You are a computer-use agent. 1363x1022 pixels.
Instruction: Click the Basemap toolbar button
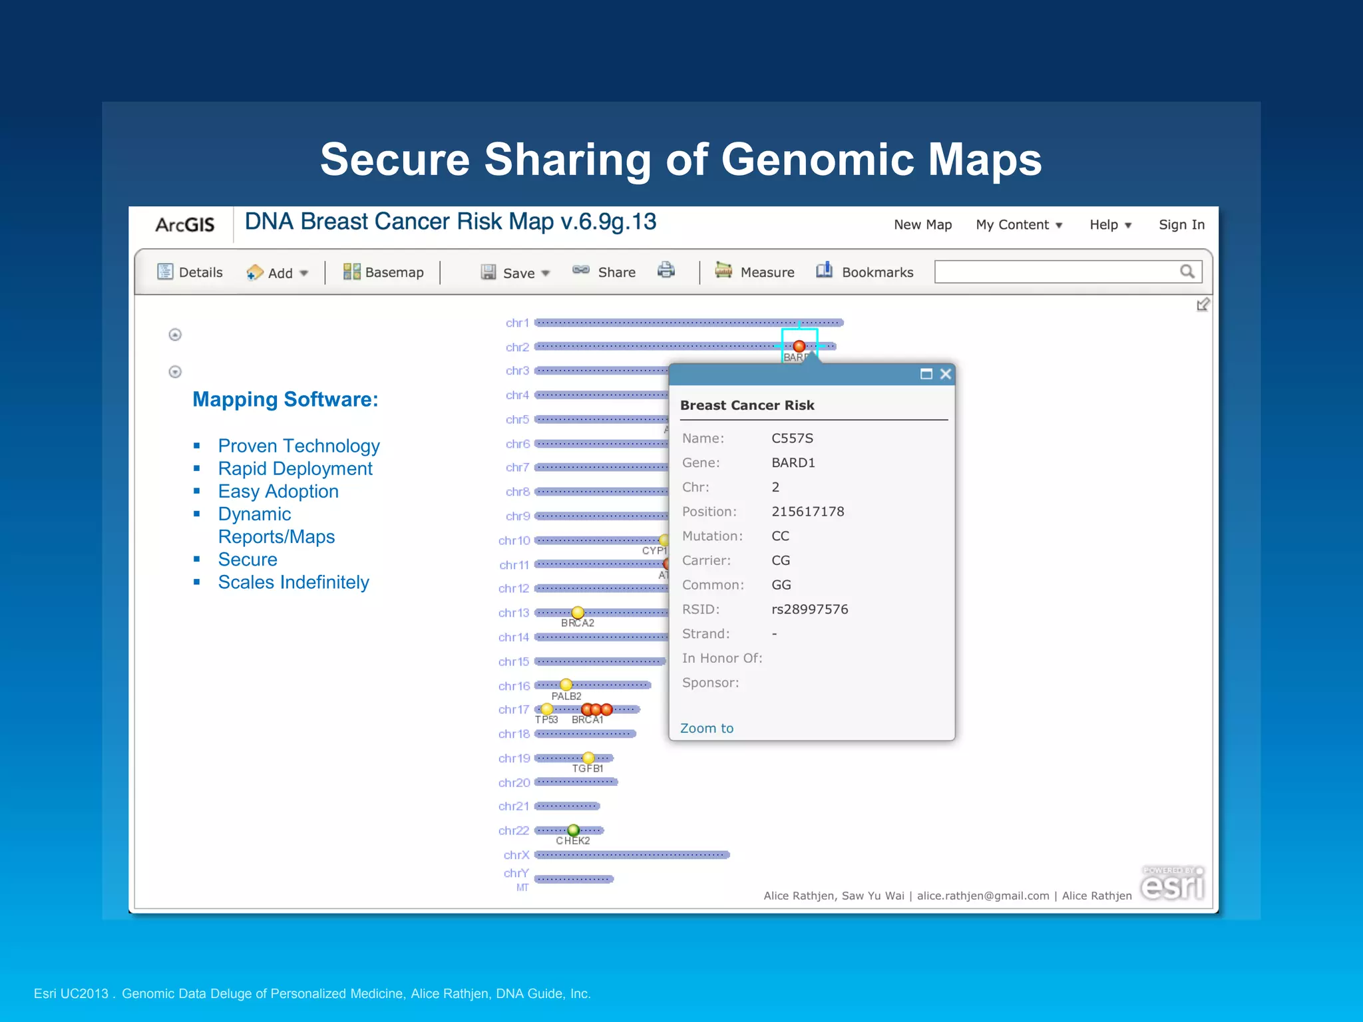(x=383, y=272)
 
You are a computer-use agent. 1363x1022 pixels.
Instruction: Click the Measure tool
(x=755, y=272)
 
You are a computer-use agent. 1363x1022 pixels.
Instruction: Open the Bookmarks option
(x=865, y=272)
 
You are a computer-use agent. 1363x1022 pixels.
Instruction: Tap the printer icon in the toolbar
(x=666, y=270)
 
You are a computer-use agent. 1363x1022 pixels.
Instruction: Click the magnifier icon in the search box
(x=1187, y=271)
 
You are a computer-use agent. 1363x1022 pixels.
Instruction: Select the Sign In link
(x=1181, y=225)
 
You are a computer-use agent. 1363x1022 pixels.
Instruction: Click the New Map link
(x=922, y=225)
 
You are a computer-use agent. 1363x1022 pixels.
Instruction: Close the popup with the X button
(x=945, y=374)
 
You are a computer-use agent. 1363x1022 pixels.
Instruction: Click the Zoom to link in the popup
(x=706, y=728)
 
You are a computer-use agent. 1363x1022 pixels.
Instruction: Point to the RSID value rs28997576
(x=809, y=609)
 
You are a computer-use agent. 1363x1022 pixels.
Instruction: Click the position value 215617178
(x=807, y=512)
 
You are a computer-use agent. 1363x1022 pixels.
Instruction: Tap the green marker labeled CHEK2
(x=573, y=830)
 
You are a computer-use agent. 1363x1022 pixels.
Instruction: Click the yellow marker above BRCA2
(x=578, y=612)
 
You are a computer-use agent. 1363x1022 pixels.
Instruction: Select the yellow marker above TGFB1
(x=588, y=758)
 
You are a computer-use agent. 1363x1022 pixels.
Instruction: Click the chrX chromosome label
(x=516, y=855)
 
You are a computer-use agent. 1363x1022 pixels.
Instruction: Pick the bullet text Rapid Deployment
(x=295, y=468)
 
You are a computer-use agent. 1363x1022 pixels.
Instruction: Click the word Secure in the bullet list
(x=248, y=560)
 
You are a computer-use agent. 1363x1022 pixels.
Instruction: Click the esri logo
(x=1172, y=885)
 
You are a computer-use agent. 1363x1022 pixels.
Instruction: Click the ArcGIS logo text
(x=184, y=225)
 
